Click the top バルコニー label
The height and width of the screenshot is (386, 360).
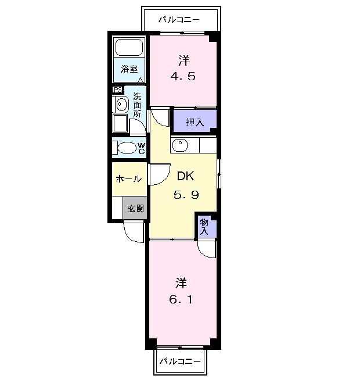pos(180,19)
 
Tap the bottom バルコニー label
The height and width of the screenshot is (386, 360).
pos(180,362)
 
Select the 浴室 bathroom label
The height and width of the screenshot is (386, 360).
pos(129,69)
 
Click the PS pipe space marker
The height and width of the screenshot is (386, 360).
pos(118,90)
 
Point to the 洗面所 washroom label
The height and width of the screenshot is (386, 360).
pos(137,105)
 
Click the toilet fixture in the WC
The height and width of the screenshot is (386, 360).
pos(124,147)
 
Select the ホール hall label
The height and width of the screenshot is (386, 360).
pos(129,179)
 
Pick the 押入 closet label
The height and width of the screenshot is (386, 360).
pos(195,122)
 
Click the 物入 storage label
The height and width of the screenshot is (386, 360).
pos(204,226)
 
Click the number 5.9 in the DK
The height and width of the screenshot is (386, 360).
pos(186,195)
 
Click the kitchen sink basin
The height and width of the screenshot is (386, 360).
pos(180,145)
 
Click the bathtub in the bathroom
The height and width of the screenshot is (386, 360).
pos(129,47)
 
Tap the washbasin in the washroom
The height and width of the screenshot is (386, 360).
pos(121,105)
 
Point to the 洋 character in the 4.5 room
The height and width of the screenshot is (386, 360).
pos(184,60)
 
